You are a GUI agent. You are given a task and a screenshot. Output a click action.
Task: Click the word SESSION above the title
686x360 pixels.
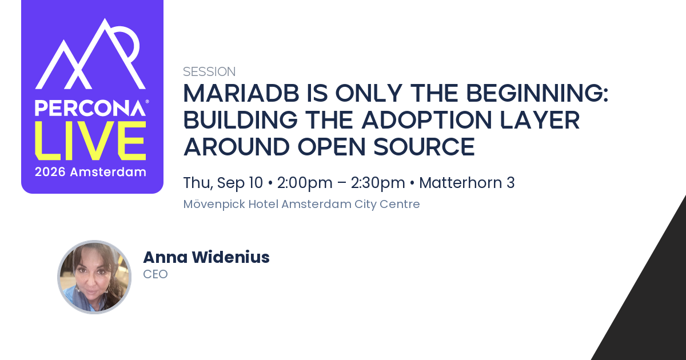(x=209, y=71)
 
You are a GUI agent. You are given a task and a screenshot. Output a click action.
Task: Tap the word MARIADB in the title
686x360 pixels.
(x=241, y=93)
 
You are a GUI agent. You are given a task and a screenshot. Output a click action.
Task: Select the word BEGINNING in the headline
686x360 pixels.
(x=535, y=93)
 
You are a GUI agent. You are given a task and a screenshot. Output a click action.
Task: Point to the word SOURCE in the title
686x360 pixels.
(x=424, y=147)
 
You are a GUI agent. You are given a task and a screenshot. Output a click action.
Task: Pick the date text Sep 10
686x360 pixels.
(x=240, y=183)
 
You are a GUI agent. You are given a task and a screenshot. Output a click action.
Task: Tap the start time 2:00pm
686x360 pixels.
(x=305, y=183)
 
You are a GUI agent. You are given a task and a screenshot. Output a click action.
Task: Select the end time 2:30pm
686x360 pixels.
(x=378, y=183)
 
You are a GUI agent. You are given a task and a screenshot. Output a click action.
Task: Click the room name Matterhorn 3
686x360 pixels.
(x=466, y=183)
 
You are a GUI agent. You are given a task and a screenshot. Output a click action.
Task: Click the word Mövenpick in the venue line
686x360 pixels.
(x=214, y=204)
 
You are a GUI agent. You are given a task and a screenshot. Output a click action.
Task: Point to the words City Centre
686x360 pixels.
(x=387, y=204)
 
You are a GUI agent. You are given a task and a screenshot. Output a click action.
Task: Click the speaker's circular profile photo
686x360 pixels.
(x=94, y=277)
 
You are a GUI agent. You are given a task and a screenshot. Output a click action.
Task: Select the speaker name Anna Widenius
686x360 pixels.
(x=206, y=257)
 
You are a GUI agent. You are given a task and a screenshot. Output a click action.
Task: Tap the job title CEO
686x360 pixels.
(x=155, y=274)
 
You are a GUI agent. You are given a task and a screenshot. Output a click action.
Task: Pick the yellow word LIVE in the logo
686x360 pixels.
(x=91, y=141)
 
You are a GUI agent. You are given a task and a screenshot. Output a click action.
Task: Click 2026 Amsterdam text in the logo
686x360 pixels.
(x=90, y=172)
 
